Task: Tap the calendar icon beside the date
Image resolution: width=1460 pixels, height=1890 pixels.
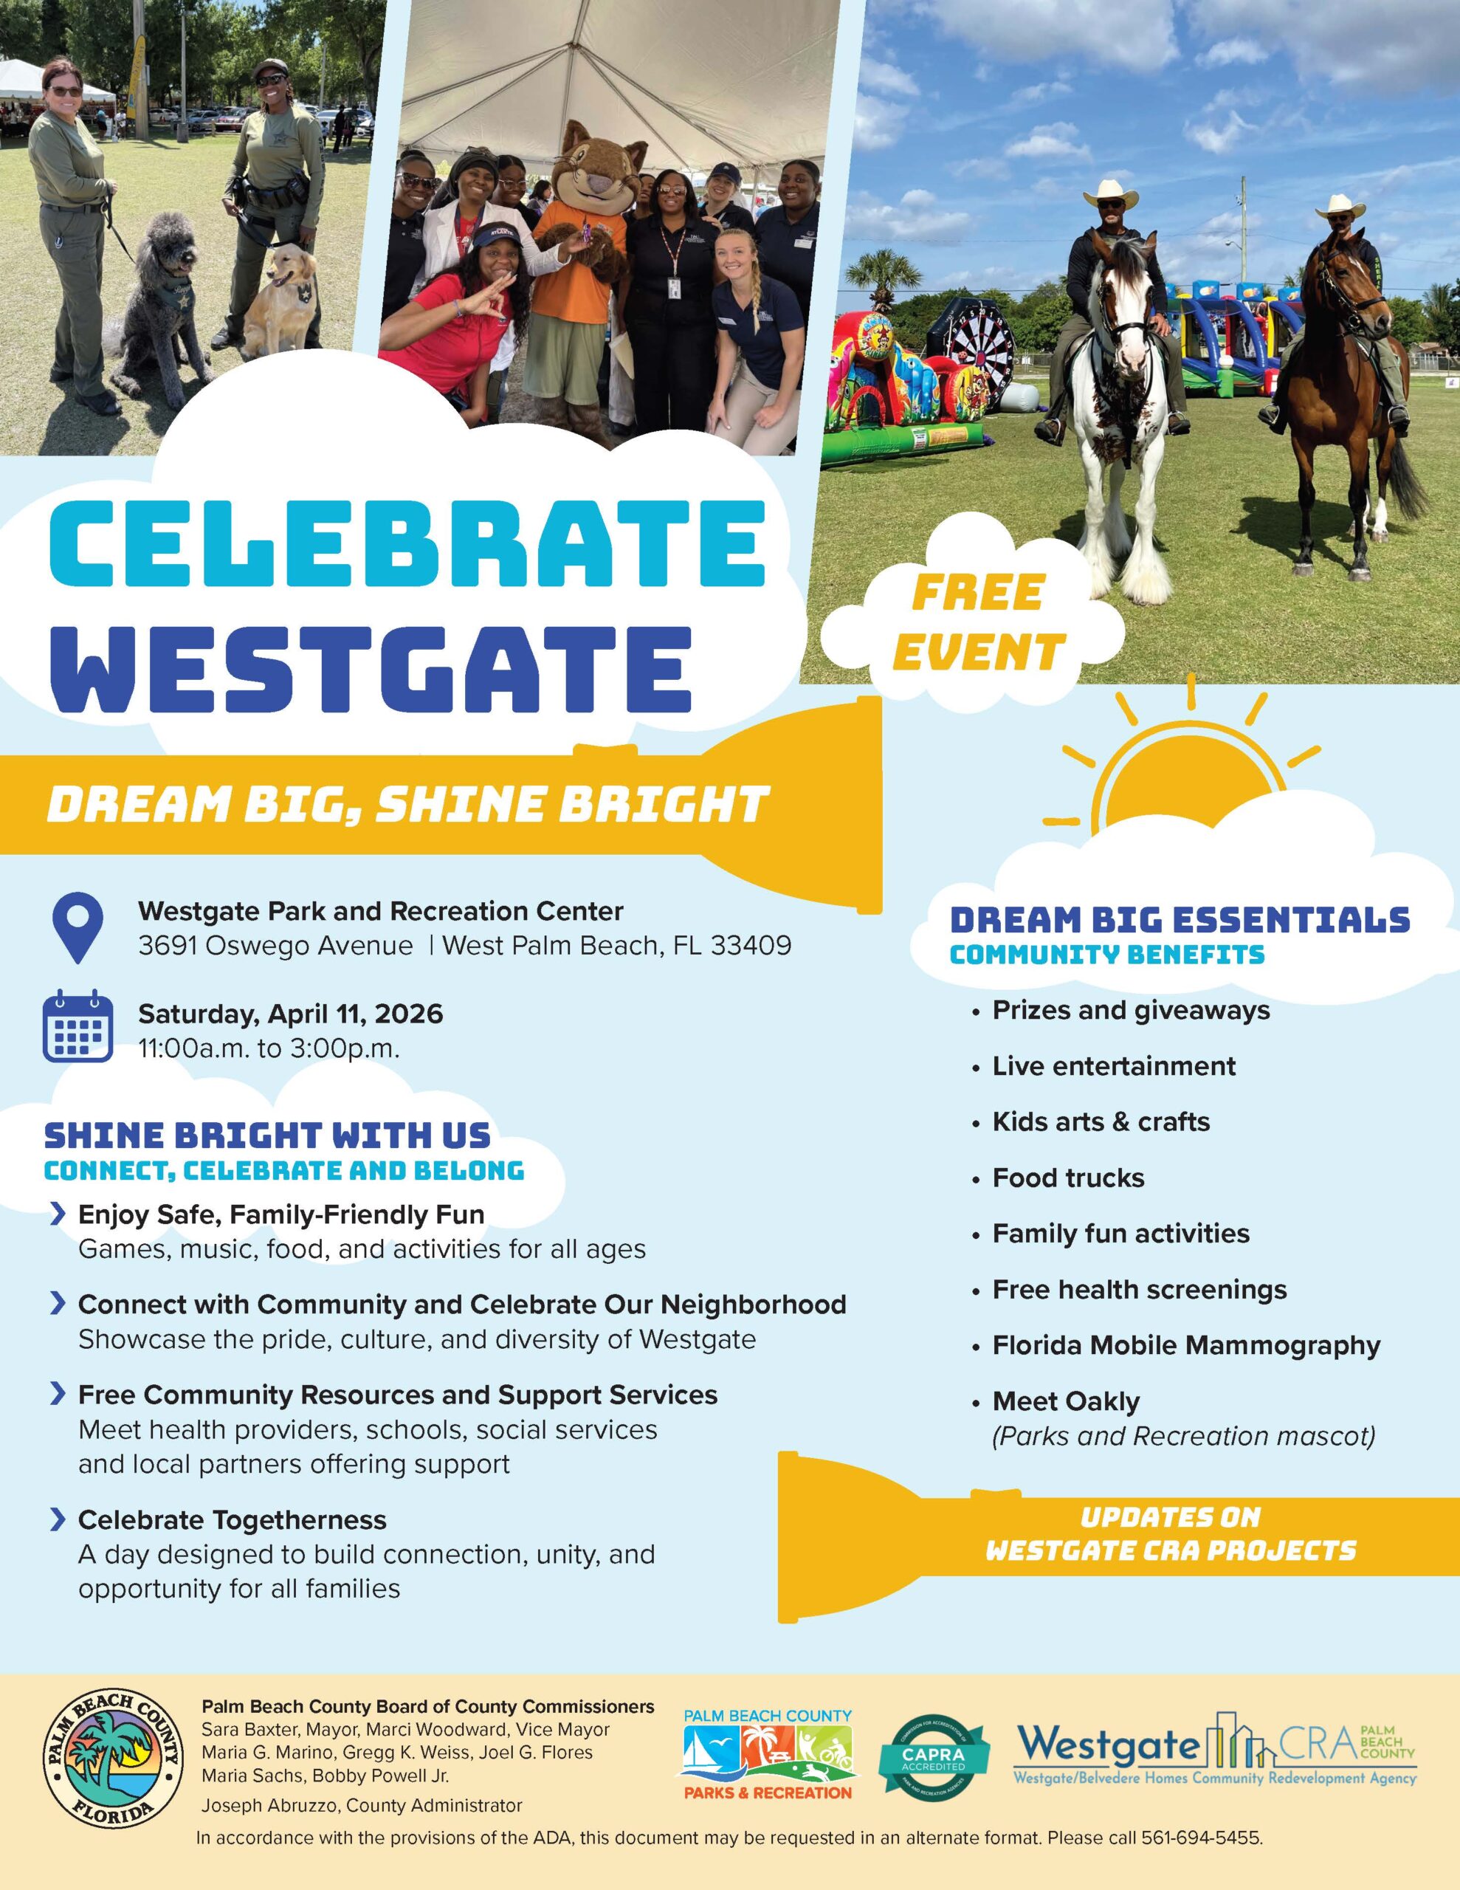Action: [78, 1030]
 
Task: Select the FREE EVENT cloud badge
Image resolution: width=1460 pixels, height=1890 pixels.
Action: [977, 622]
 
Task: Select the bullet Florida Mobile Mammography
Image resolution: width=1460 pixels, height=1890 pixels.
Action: [1185, 1346]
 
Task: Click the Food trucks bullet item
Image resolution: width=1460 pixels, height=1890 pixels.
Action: [1068, 1178]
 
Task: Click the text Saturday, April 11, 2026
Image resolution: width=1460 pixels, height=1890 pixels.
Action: [291, 1014]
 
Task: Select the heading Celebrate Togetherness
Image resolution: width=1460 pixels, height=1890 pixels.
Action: [232, 1519]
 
